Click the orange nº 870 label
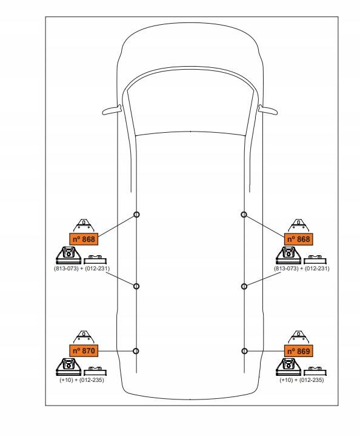pos(84,350)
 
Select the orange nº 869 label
pos(299,351)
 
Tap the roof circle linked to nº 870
pos(136,351)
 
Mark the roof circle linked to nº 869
pos(244,351)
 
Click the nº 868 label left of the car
pos(84,239)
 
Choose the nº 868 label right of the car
pos(299,239)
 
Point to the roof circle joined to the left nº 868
pos(136,215)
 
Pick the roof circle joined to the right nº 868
pos(244,214)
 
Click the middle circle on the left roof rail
pos(136,286)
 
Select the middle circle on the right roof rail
pos(244,286)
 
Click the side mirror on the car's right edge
pos(268,110)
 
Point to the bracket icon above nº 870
pos(84,337)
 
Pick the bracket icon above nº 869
pos(299,337)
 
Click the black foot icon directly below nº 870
pos(68,367)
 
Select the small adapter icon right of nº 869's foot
pos(315,371)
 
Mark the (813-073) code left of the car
pos(66,269)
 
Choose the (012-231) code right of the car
pos(317,269)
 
